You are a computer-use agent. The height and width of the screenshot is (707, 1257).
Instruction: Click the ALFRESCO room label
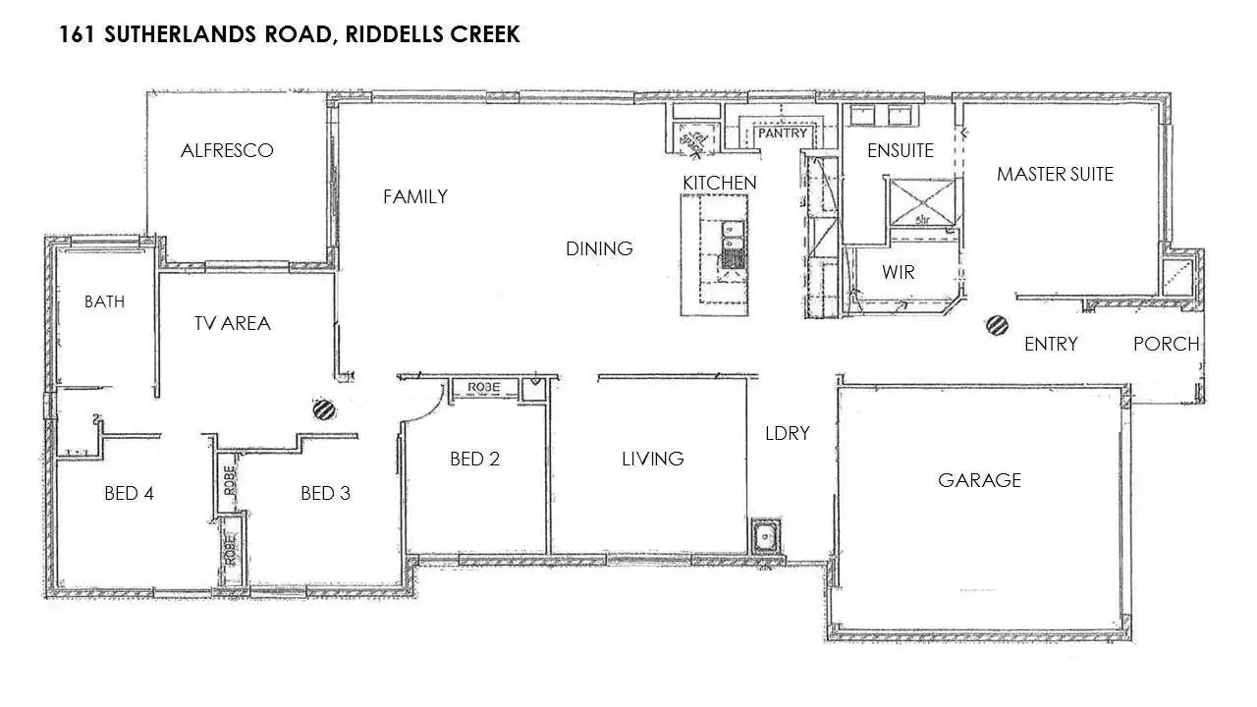(x=227, y=150)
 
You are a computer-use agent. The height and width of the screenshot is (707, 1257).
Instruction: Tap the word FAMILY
(x=415, y=196)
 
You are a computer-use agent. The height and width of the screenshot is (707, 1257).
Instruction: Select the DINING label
(x=599, y=248)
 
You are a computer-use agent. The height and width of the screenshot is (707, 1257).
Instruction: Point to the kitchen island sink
(x=732, y=246)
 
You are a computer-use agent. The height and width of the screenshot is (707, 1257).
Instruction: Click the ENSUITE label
(x=900, y=150)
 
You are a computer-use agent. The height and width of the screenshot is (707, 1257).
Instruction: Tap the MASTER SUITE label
(x=1055, y=174)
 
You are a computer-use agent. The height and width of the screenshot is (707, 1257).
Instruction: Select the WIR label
(x=898, y=272)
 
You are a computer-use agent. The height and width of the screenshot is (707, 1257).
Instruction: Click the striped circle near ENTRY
(x=997, y=325)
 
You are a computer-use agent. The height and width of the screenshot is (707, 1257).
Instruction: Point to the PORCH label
(x=1166, y=344)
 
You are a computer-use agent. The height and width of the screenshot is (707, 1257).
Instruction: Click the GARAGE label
(x=979, y=480)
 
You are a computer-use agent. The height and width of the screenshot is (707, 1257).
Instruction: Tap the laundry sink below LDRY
(x=764, y=537)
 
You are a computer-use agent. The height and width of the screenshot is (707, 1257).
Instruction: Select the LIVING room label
(x=652, y=459)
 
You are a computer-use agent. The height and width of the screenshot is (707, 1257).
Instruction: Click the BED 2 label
(x=474, y=459)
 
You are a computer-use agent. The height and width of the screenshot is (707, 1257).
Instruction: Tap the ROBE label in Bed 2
(x=483, y=388)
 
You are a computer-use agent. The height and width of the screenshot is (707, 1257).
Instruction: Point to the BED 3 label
(x=325, y=493)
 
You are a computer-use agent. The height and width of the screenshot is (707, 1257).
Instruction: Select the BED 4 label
(x=129, y=493)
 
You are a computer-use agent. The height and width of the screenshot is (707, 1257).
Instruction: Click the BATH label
(x=104, y=301)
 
